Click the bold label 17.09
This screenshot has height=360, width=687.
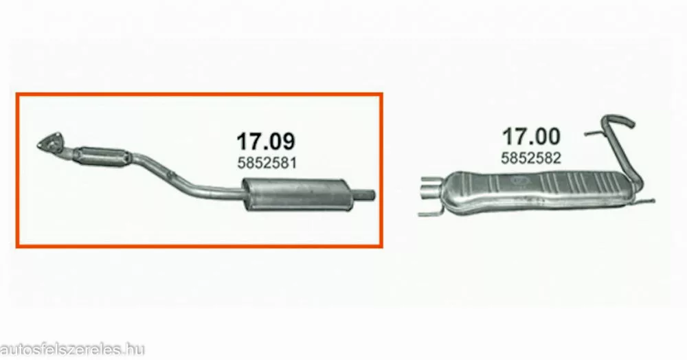point(266,141)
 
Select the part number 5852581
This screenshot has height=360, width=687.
point(267,163)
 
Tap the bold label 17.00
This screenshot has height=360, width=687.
point(531,136)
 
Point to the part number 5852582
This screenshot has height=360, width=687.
point(531,157)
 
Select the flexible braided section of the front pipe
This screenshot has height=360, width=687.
point(101,157)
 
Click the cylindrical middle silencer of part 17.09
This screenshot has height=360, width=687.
point(292,195)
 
